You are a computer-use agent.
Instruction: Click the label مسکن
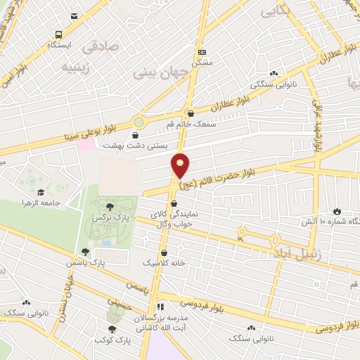[202, 62]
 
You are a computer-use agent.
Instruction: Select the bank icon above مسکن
[202, 51]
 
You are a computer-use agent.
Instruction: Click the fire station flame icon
[337, 210]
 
